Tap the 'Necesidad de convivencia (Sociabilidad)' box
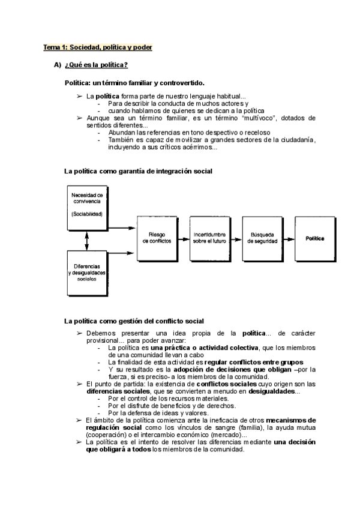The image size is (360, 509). click(x=87, y=205)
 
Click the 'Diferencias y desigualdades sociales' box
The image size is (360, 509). click(x=87, y=272)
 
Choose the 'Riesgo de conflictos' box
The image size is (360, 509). click(x=157, y=238)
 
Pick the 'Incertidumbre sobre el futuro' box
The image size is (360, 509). click(x=209, y=238)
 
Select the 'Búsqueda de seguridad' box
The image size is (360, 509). click(x=262, y=238)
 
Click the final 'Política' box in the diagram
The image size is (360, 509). click(x=315, y=238)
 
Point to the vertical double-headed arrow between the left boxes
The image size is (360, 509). click(x=88, y=238)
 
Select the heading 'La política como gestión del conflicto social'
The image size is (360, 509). click(x=134, y=321)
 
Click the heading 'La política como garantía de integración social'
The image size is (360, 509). click(x=138, y=171)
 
